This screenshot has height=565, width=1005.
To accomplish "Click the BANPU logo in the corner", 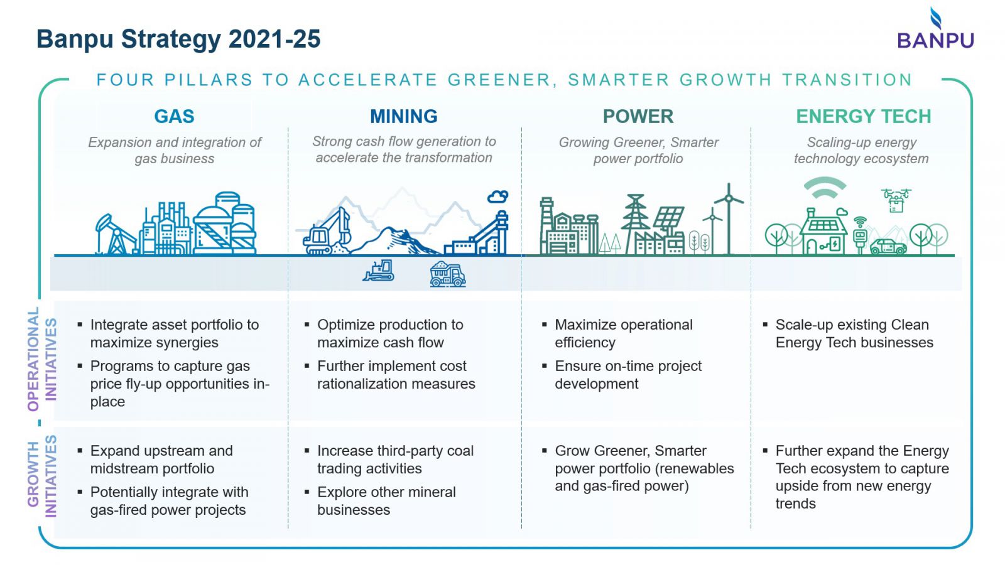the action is pos(935,28).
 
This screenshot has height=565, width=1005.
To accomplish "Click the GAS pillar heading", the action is pos(174,117).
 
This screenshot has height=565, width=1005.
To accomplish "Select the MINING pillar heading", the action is pos(403,117).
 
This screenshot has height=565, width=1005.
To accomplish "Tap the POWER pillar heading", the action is pos(638,117).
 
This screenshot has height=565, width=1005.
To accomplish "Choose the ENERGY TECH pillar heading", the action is pos(863,117).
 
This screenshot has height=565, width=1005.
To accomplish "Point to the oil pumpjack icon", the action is pos(114,234).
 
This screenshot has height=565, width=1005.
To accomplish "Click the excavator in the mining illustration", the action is pos(327,232).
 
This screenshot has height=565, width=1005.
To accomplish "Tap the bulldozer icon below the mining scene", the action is pos(379,271).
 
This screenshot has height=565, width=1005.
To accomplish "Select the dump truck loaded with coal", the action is pos(448,274).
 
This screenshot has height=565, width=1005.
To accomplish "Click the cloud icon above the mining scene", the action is pos(498,196).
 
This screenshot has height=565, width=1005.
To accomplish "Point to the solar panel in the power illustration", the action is pos(668,217).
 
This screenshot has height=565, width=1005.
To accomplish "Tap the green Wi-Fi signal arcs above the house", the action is pos(825,188).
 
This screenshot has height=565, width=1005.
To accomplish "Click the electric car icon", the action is pos(888,247).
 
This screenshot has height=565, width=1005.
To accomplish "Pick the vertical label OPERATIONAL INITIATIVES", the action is pos(42,359).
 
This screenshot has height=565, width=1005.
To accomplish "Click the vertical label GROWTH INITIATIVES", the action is pos(42,476).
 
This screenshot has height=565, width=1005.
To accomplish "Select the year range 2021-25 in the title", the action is pos(274,39).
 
